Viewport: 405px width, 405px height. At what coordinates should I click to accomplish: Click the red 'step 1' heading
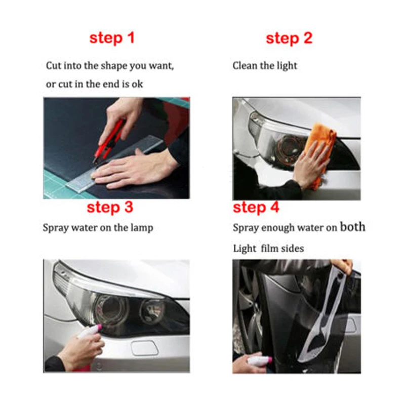(112, 38)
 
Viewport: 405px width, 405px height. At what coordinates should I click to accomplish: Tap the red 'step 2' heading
(289, 38)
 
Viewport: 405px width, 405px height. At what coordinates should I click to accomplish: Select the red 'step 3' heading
(110, 208)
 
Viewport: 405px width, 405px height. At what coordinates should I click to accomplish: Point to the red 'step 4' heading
(256, 208)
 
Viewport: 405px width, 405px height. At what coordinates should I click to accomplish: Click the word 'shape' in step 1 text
(114, 66)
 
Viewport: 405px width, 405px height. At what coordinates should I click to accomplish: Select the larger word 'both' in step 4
(352, 227)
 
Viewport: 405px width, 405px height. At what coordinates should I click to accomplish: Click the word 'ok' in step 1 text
(137, 84)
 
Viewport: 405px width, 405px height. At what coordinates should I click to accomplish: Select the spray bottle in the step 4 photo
(259, 360)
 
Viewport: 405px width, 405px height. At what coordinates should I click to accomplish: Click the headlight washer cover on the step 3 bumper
(144, 348)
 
